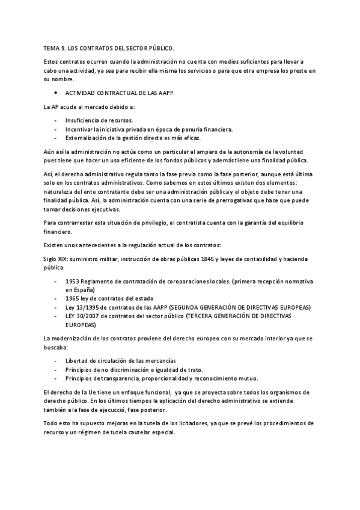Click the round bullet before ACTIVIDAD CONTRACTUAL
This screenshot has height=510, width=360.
click(55, 93)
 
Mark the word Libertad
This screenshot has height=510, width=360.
click(78, 360)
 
